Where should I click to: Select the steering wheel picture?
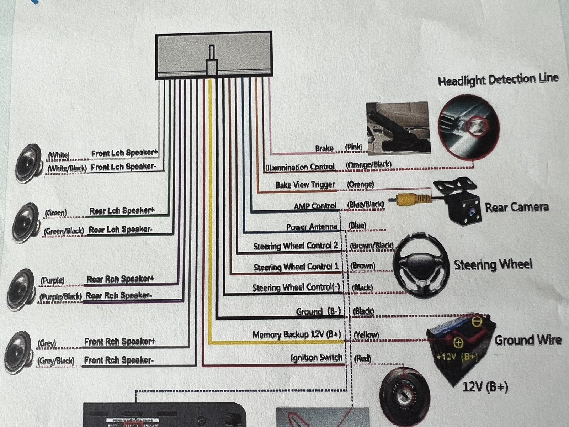(x=421, y=265)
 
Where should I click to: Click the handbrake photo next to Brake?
(x=398, y=128)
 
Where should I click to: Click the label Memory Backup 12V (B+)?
(x=297, y=334)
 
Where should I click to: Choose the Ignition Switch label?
(x=316, y=358)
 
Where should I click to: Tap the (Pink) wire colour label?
(x=353, y=147)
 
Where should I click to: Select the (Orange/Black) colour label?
(x=368, y=164)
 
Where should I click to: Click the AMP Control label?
(x=315, y=206)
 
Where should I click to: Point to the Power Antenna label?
(x=312, y=227)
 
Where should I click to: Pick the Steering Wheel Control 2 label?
(x=296, y=246)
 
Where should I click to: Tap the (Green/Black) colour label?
(x=64, y=231)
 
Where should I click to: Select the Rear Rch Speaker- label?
(x=119, y=295)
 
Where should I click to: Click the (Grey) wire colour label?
(x=47, y=343)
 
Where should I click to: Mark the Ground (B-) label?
(x=318, y=312)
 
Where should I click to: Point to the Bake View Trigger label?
(x=305, y=185)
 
